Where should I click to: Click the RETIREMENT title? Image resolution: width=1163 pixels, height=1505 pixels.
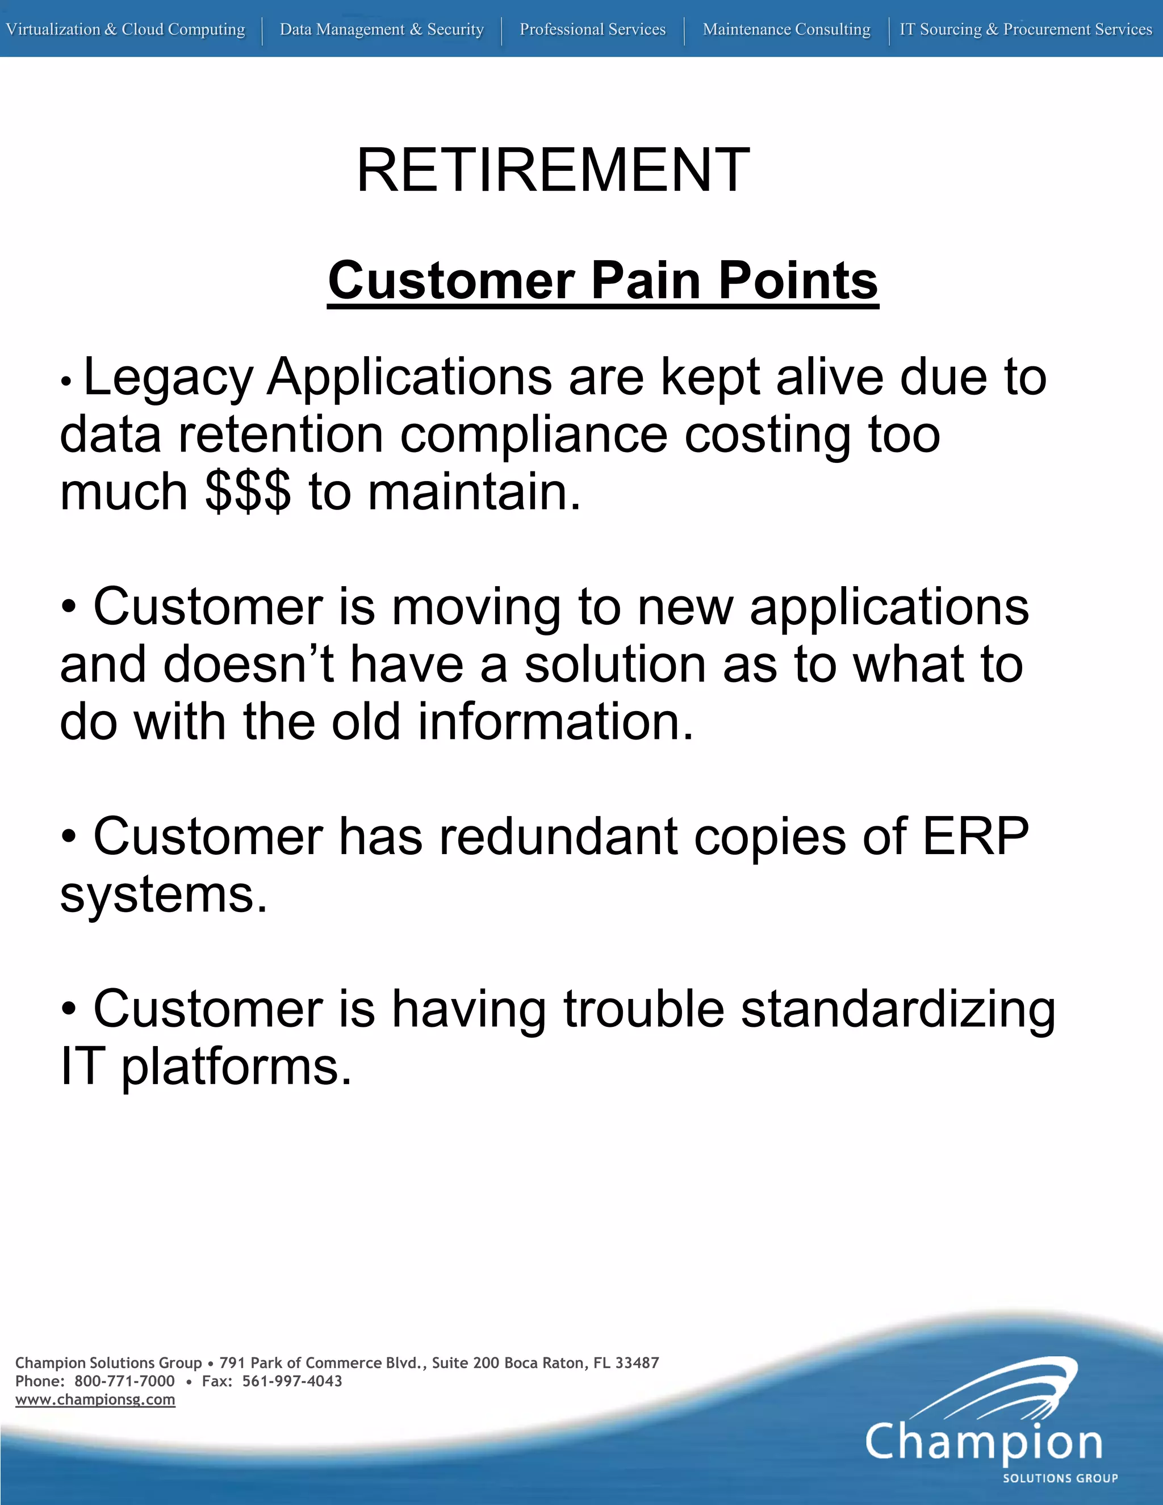click(x=553, y=170)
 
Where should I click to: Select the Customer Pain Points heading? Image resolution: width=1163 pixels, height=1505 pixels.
click(x=603, y=281)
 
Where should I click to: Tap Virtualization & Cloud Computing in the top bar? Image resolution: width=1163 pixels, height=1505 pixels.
click(x=125, y=30)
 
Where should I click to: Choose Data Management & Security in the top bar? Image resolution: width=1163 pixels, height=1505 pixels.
click(x=382, y=30)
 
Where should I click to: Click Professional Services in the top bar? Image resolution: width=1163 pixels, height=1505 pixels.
click(x=592, y=30)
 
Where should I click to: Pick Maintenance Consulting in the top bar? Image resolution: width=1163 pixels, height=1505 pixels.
click(x=786, y=30)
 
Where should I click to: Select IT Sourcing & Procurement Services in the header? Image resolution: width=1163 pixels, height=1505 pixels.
click(x=1025, y=30)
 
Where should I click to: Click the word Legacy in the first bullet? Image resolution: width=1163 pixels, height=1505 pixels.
click(x=168, y=378)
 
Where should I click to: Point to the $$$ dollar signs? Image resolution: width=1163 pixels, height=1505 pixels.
click(x=248, y=493)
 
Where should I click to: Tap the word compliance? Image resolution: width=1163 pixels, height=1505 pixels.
click(x=534, y=436)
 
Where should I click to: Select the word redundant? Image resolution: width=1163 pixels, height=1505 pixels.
click(x=559, y=837)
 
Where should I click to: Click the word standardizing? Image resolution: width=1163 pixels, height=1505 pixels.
click(x=898, y=1009)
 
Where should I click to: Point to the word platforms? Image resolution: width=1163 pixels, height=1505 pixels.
click(x=236, y=1067)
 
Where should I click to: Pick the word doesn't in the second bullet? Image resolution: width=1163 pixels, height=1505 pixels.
click(x=249, y=665)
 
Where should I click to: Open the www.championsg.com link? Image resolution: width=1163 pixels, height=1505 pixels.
click(x=95, y=1399)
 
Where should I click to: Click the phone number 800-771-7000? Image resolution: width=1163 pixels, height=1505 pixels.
click(x=125, y=1381)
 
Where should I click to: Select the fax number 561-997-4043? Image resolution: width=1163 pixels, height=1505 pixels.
click(x=292, y=1381)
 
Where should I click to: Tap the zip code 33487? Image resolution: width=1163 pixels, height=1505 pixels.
click(x=637, y=1362)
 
